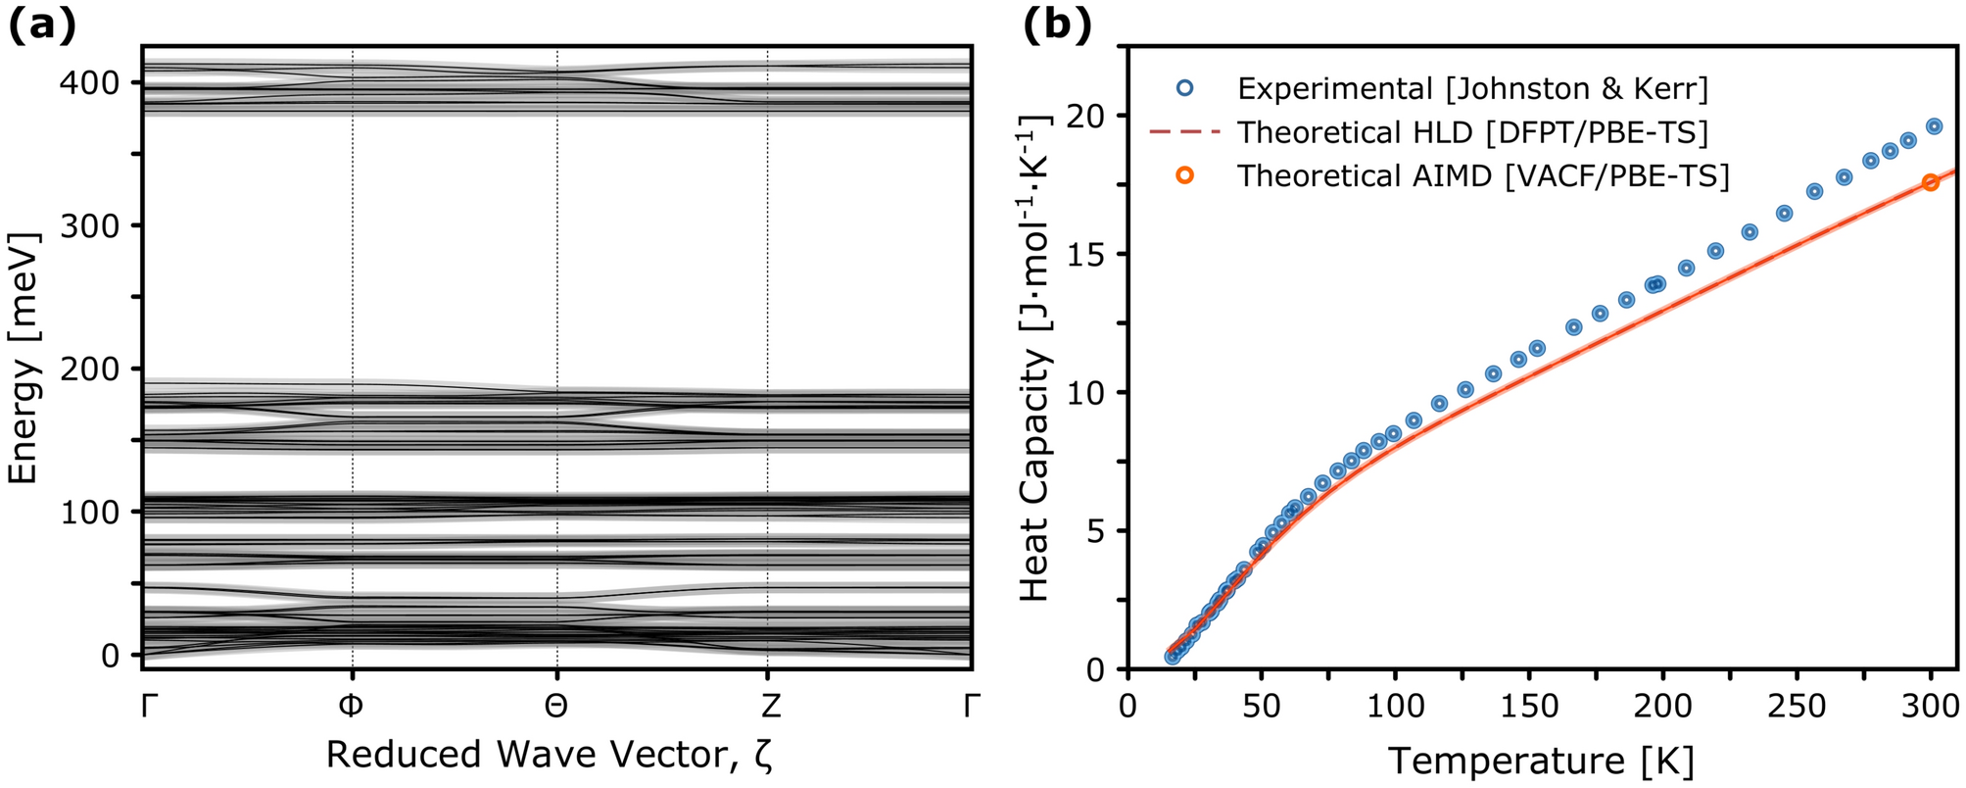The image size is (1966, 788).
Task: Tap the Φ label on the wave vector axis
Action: pyautogui.click(x=352, y=706)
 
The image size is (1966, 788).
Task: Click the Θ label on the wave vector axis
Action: pyautogui.click(x=556, y=706)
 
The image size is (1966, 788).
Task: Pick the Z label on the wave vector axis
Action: pyautogui.click(x=767, y=706)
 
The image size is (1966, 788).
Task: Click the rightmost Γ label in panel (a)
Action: pyautogui.click(x=971, y=706)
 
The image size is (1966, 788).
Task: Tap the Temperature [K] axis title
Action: pyautogui.click(x=1541, y=761)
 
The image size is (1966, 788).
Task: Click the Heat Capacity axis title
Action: pyautogui.click(x=1035, y=358)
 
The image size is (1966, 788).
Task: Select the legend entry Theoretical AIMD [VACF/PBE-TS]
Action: pyautogui.click(x=1482, y=175)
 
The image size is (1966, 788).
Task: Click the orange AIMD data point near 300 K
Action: pyautogui.click(x=1930, y=182)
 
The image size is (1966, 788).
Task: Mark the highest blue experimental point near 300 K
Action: pyautogui.click(x=1934, y=126)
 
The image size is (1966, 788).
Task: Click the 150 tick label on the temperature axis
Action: pyautogui.click(x=1529, y=706)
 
